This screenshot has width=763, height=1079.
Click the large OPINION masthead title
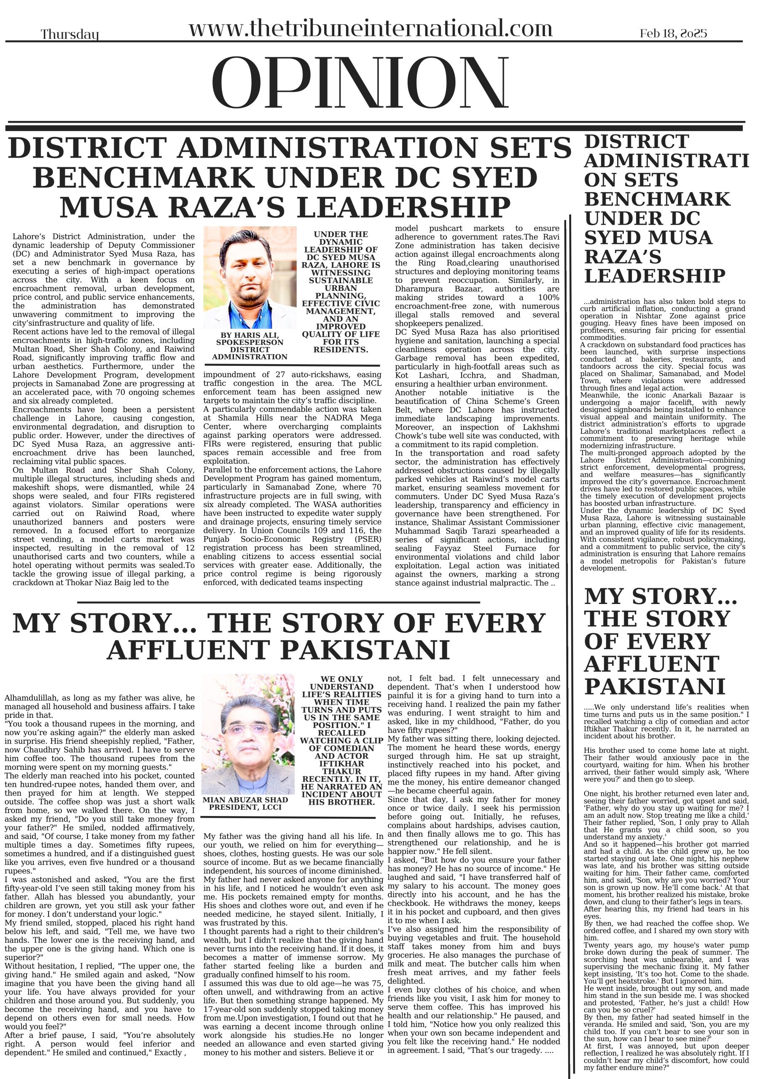click(360, 90)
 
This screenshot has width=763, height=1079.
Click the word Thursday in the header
click(70, 34)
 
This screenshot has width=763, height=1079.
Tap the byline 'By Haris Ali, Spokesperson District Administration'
click(249, 346)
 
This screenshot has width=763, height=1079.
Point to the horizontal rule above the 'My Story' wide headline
click(278, 602)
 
